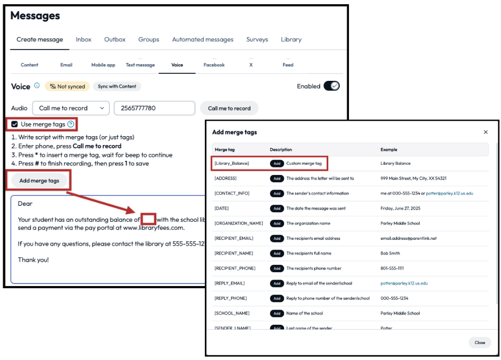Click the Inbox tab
coord(83,39)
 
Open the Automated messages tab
coord(203,39)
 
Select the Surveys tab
coord(257,39)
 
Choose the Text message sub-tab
coord(140,65)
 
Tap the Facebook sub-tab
coord(214,65)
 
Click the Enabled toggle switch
coord(331,86)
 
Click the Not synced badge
coord(67,86)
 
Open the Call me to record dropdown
coord(71,108)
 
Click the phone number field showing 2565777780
coord(154,108)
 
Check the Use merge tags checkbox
coord(14,124)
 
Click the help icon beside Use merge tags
coord(71,124)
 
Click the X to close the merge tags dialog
coord(486,132)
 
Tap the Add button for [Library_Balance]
coord(277,163)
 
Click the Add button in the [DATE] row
coord(277,208)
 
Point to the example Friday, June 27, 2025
coord(402,208)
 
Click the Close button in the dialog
coord(480,342)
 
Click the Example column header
coord(389,149)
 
